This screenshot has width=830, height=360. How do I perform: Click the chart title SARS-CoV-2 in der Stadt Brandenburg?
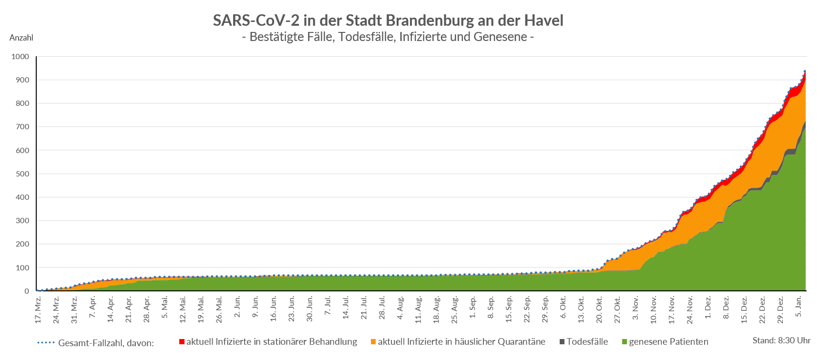pos(388,21)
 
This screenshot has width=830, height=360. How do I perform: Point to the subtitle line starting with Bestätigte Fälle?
pos(388,37)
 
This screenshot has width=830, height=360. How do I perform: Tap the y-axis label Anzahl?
pos(21,38)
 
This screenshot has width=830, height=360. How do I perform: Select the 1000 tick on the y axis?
pos(20,57)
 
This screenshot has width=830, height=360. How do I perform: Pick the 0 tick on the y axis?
pos(26,291)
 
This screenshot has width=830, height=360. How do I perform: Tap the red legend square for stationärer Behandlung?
pos(182,342)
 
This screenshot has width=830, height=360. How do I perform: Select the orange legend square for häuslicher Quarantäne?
pos(373,342)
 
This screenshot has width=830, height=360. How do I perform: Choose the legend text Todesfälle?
pos(587,342)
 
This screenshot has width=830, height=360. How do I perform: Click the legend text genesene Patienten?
pos(668,342)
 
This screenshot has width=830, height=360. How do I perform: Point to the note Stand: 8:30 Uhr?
pos(781,340)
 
